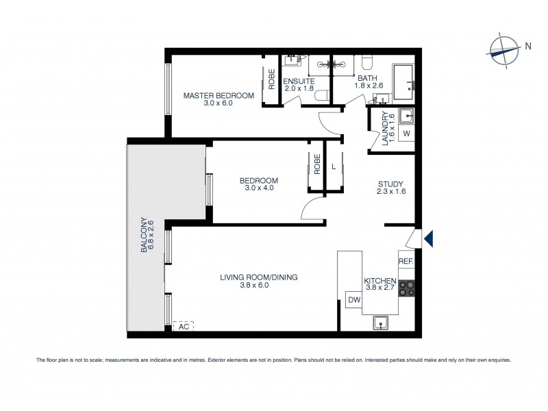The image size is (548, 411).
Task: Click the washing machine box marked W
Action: click(406, 133)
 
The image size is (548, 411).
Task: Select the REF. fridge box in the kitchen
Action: click(406, 260)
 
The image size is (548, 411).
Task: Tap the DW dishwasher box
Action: click(354, 299)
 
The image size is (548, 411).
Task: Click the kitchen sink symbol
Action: click(381, 322)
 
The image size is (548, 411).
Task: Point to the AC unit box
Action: click(183, 327)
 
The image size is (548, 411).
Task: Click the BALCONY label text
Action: click(145, 236)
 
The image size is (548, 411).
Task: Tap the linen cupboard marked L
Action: click(334, 166)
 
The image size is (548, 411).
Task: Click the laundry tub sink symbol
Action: click(406, 114)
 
